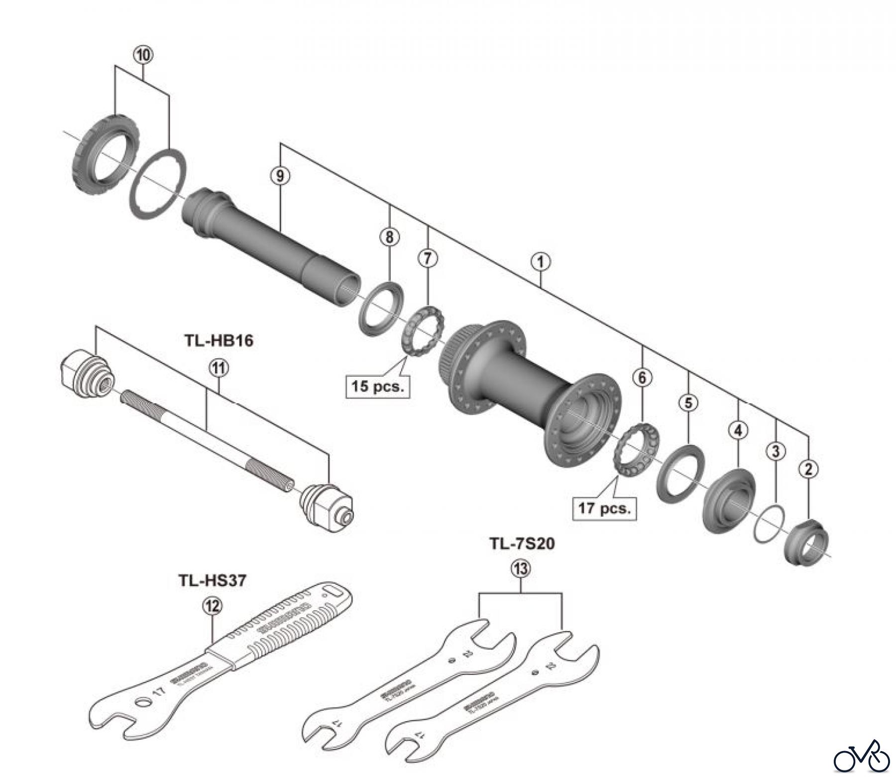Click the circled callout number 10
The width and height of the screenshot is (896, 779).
142,56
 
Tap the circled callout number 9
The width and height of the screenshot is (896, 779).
280,176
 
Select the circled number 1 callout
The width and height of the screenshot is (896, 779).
541,260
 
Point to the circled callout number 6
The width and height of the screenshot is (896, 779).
642,378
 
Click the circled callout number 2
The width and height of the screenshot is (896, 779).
808,468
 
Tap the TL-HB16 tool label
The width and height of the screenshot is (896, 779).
219,341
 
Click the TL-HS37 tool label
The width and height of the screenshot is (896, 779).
212,580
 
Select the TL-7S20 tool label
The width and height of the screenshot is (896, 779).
521,544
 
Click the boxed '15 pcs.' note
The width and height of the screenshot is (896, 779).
377,386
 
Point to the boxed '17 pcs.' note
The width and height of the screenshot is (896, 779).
604,509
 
